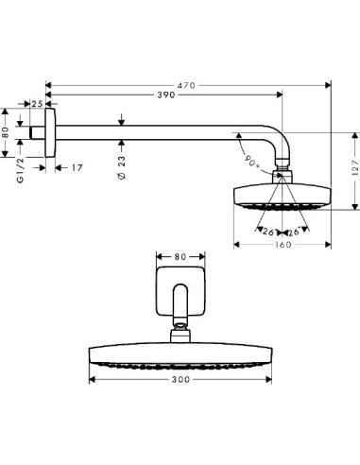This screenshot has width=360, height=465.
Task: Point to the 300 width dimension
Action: pos(182,379)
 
